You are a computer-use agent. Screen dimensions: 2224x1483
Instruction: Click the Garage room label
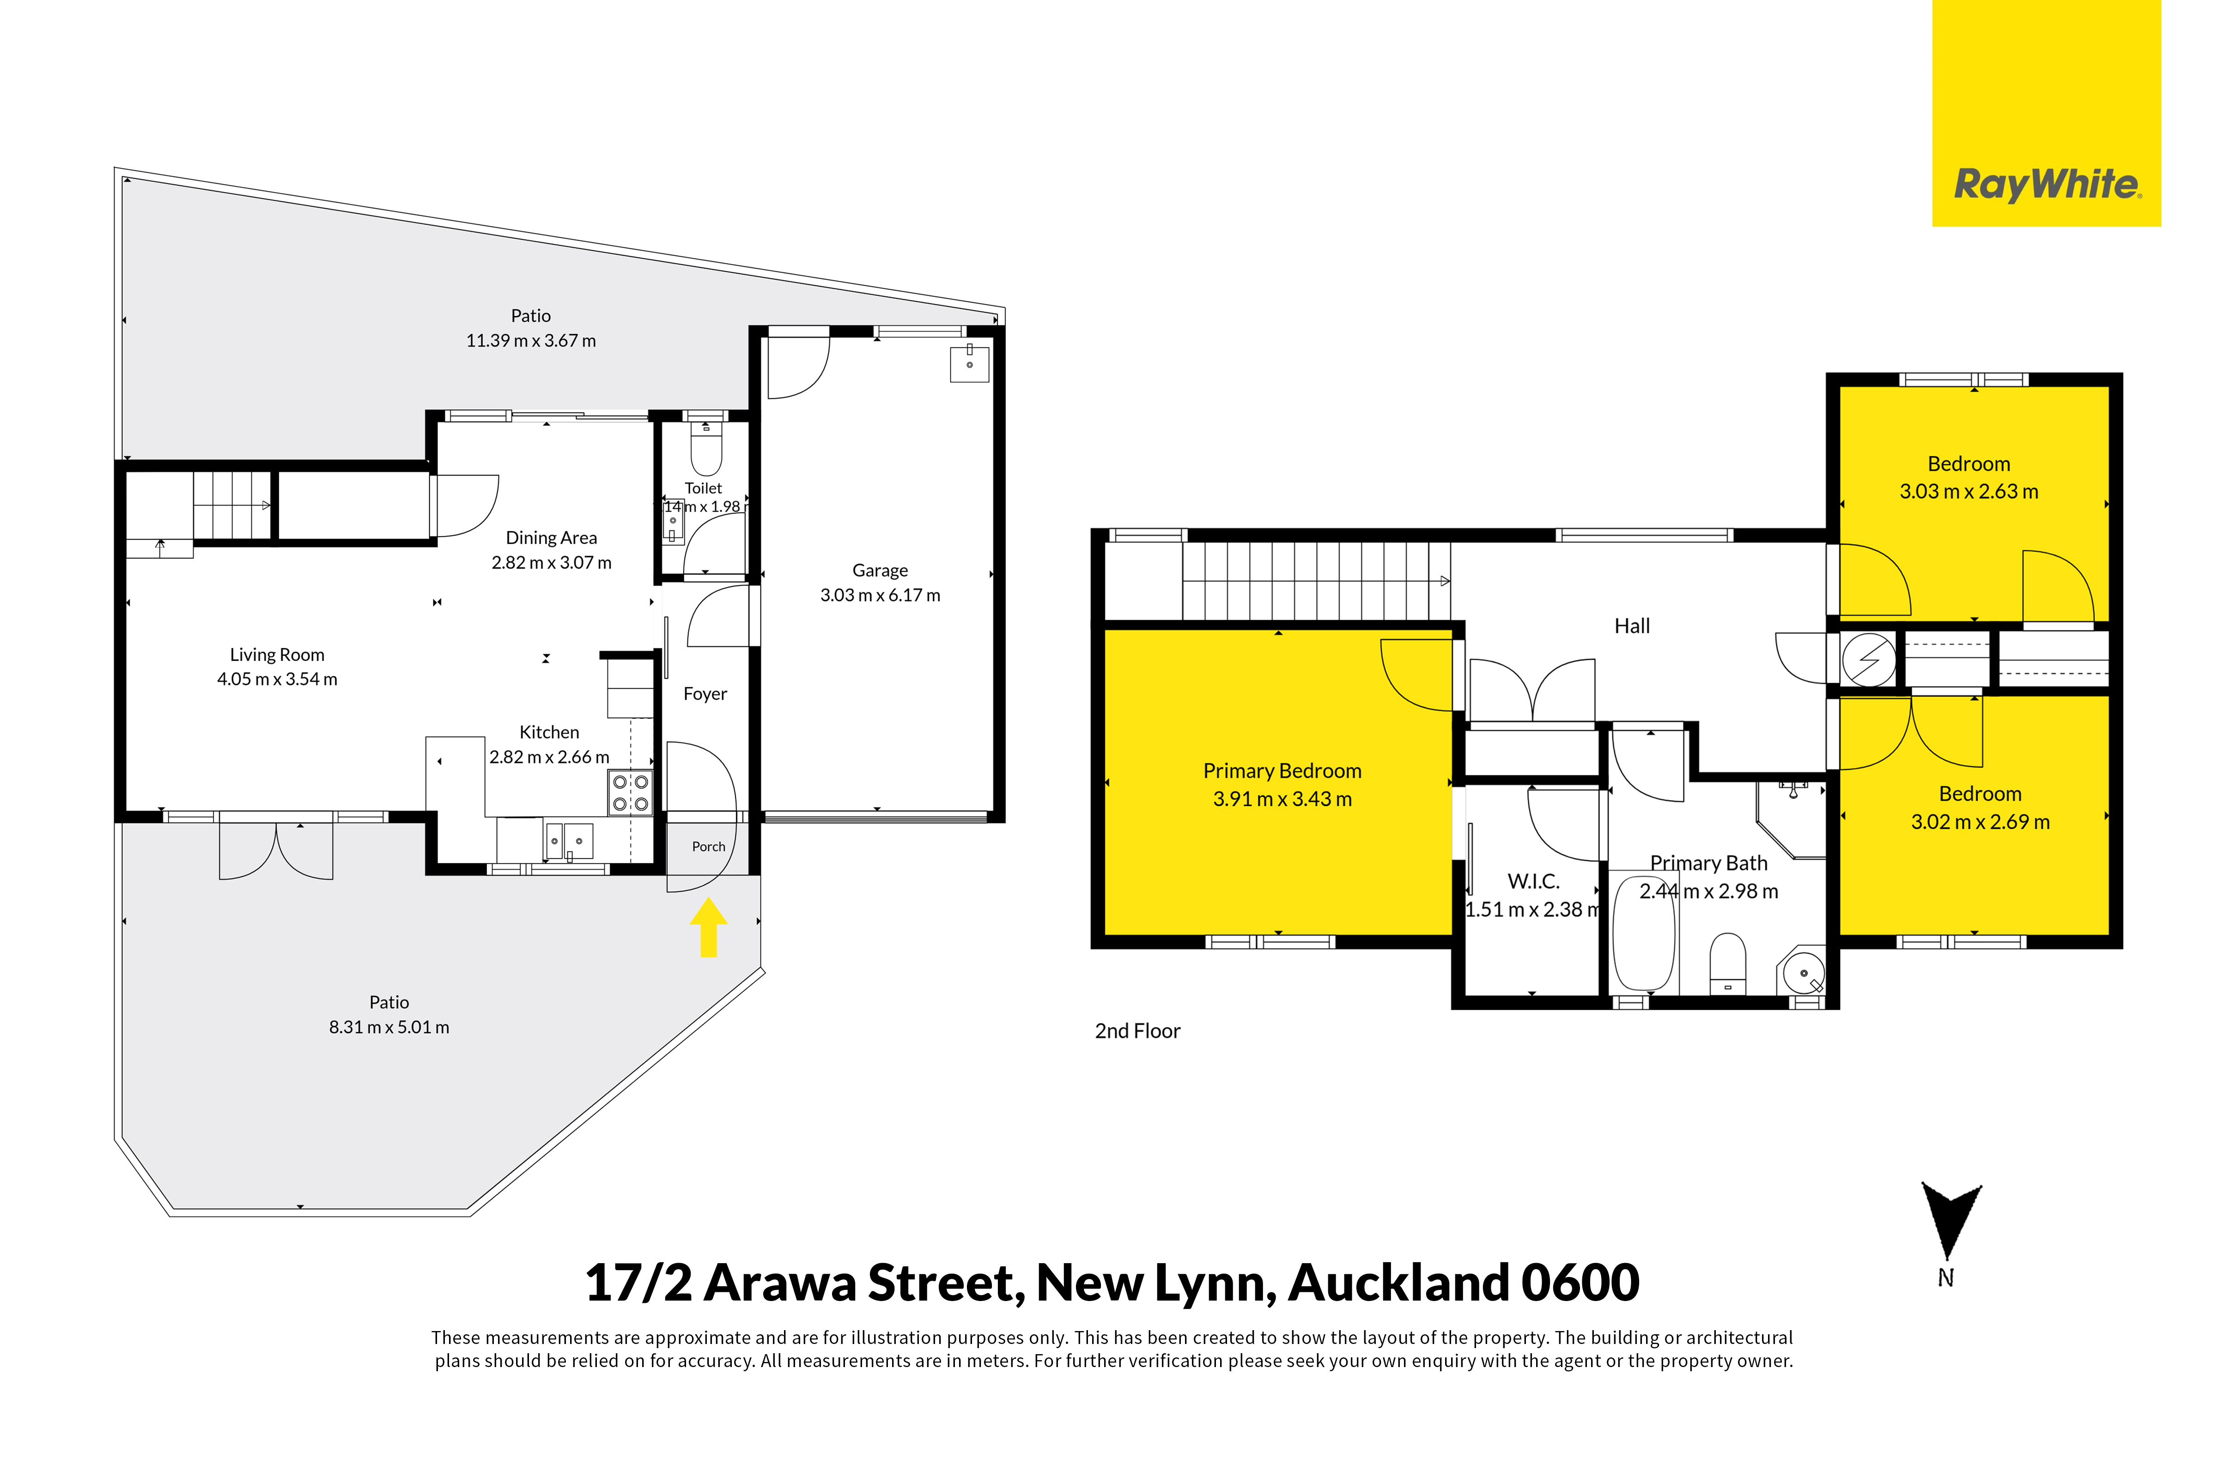click(880, 570)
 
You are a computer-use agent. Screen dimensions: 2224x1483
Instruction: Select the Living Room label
click(277, 654)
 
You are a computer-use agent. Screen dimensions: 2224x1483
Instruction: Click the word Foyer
click(705, 694)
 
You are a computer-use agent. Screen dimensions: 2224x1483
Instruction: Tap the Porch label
click(709, 847)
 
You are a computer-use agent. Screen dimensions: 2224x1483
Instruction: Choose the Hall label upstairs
click(1632, 626)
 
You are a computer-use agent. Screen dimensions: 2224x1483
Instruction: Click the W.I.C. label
click(1533, 882)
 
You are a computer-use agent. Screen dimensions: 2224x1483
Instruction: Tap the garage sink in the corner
click(970, 363)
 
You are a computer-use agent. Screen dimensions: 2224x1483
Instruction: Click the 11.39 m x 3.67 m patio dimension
click(531, 340)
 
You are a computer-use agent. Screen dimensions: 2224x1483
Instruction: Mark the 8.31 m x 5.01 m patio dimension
click(389, 1027)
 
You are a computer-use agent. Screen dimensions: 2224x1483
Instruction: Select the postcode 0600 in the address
click(1580, 1283)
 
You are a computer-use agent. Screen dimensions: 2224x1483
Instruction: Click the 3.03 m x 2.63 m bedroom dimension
click(1969, 492)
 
